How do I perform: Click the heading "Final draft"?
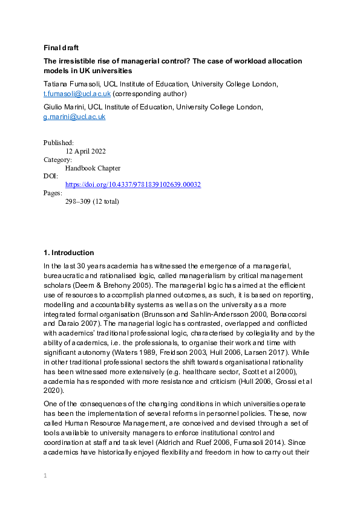point(61,48)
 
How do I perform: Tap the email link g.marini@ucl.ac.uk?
point(74,117)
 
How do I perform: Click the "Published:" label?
point(59,143)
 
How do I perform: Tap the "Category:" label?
point(57,160)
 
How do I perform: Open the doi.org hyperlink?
point(133,185)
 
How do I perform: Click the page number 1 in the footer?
point(45,476)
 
